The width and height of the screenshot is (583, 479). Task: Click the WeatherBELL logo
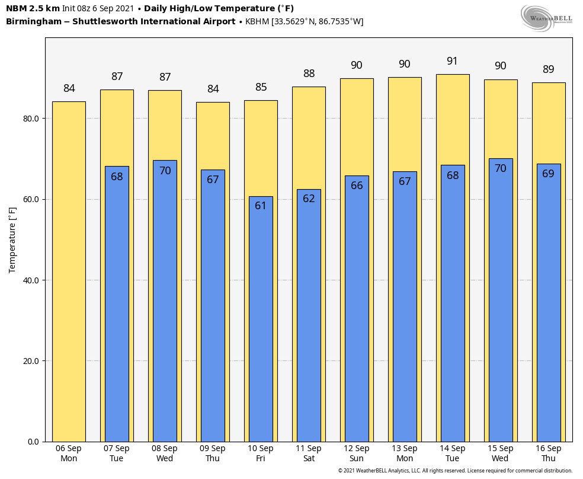click(546, 18)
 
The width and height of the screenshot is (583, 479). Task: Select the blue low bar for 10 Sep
click(261, 319)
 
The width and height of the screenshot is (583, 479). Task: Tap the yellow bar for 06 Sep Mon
click(69, 272)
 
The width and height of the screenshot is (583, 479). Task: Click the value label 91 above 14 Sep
click(452, 61)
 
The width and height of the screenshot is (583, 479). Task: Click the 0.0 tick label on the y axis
click(33, 442)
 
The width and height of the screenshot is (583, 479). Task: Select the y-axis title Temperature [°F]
click(12, 240)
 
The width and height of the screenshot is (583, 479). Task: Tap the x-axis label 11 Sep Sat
click(309, 454)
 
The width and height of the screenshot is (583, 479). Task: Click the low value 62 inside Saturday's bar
click(309, 198)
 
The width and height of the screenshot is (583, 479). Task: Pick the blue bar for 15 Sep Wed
click(501, 300)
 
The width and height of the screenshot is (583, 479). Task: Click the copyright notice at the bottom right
click(455, 471)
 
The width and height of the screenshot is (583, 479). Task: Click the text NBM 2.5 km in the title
click(33, 8)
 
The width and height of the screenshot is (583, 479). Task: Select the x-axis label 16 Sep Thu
click(549, 454)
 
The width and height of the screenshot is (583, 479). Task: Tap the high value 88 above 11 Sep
click(309, 74)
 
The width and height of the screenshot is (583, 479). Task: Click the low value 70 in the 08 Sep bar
click(165, 170)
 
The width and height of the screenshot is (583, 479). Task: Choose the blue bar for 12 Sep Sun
click(357, 309)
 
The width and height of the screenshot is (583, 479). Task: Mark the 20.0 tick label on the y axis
click(31, 361)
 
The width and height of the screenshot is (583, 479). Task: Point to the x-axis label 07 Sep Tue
click(116, 454)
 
